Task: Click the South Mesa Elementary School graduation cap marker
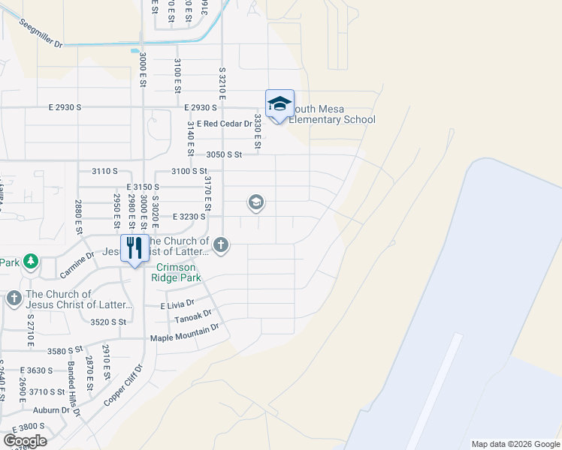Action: coord(279,103)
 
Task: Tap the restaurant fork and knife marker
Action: coord(134,247)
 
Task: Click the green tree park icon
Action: coord(31,262)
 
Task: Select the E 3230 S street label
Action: coord(189,216)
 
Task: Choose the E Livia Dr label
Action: coord(177,305)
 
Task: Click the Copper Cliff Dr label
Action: coord(122,385)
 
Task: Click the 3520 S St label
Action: coord(106,322)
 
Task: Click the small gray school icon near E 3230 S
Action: coord(255,202)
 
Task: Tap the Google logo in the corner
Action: coord(25,440)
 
